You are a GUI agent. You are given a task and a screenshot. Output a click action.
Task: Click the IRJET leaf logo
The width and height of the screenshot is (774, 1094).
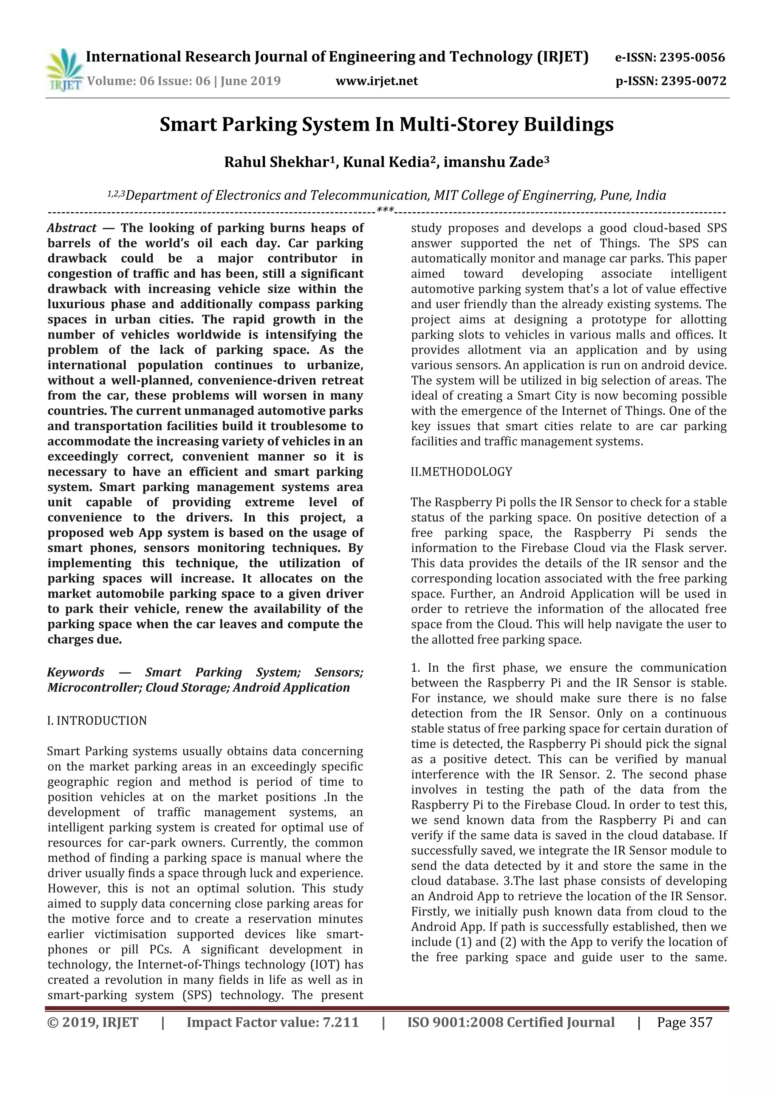[64, 70]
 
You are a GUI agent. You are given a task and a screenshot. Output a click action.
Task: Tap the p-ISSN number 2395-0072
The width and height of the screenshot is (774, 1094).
[691, 81]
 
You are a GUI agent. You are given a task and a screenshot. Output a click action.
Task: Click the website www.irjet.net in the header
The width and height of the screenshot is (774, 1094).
[376, 81]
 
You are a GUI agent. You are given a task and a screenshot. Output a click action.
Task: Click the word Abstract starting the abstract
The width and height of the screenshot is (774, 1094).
[71, 228]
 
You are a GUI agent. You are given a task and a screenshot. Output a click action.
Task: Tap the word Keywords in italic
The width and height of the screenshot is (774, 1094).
[75, 672]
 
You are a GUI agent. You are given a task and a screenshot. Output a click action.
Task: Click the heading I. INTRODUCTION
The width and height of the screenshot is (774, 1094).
[97, 721]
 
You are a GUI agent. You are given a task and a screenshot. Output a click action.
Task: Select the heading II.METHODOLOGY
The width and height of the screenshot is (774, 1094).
[461, 472]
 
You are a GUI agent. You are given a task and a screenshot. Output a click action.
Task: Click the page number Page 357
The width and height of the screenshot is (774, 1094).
[684, 1023]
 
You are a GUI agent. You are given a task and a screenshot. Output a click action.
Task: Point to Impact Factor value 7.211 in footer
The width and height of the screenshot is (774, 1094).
[272, 1023]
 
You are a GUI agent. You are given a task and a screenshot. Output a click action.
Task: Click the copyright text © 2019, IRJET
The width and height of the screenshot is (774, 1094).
[93, 1023]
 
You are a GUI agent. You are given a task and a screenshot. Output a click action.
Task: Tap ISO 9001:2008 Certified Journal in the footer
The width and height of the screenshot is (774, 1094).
[511, 1023]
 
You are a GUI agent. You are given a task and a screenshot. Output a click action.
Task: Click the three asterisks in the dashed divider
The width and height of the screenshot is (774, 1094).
[385, 210]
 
